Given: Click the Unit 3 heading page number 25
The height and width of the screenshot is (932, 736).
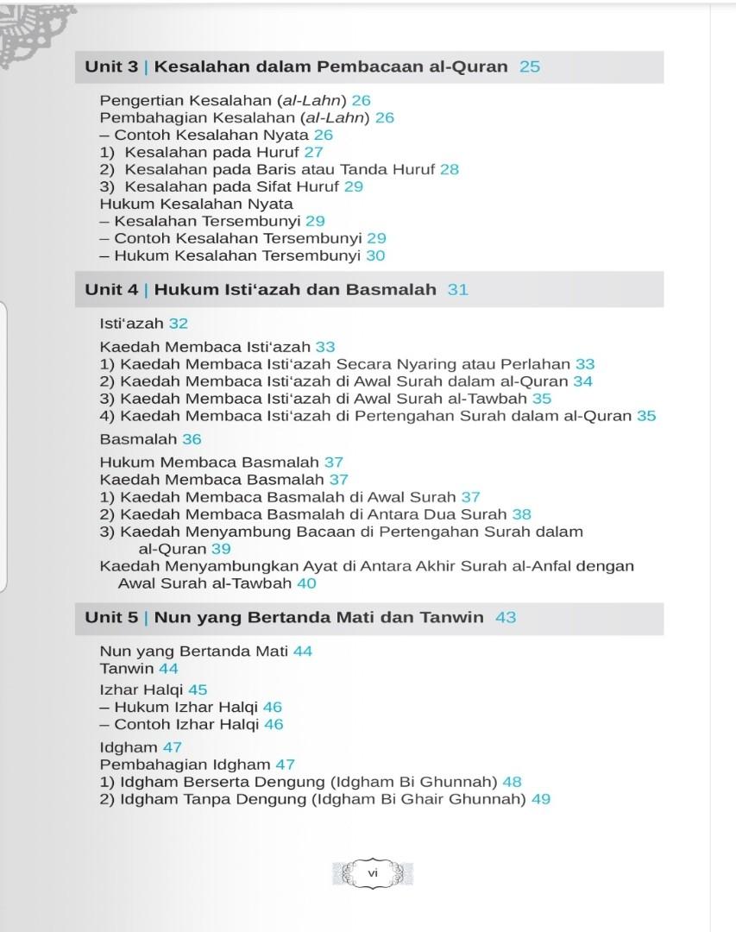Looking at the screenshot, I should point(530,66).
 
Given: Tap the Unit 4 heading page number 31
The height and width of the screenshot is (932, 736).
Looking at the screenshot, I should point(458,289).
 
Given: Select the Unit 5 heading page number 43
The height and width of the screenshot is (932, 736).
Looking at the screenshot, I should point(506,617).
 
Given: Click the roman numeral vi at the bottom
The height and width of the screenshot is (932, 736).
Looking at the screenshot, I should point(373,872).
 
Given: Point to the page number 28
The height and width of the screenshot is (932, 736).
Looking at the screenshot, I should point(450,169).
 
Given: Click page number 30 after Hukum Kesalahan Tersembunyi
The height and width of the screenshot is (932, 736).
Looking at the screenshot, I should point(375,255).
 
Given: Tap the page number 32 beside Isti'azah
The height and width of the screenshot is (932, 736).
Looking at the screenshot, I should point(179,324).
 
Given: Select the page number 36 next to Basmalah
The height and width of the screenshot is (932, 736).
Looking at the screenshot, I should point(192,439).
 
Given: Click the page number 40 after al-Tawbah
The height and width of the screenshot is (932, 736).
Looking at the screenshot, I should point(306,583).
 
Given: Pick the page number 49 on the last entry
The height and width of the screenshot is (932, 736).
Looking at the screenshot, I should point(541,799).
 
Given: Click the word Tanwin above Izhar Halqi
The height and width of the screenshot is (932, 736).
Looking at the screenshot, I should point(127,669).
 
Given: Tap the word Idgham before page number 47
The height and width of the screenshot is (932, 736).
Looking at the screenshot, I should point(129,747).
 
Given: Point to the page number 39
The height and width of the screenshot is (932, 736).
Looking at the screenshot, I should point(221,549).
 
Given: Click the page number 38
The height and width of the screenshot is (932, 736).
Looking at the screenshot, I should point(522,514).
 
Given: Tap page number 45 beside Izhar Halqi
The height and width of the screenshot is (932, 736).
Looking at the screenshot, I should point(198,690).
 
